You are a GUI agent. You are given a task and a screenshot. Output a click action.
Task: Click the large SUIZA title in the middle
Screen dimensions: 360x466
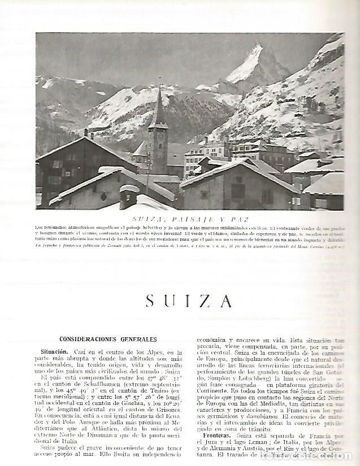[189, 300]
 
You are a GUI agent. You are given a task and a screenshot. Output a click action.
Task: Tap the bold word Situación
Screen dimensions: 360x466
[87, 351]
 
